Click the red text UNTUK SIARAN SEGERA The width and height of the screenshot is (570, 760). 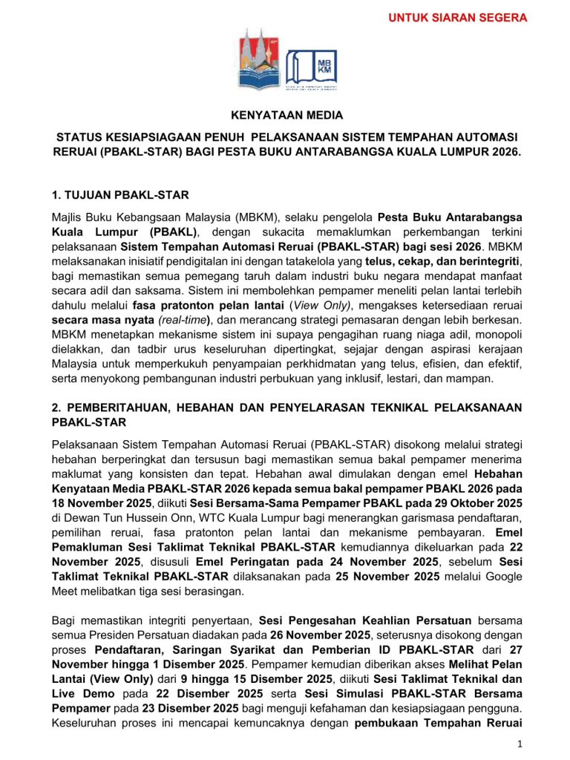tap(458, 17)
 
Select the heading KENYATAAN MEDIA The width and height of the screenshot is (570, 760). tap(284, 115)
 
